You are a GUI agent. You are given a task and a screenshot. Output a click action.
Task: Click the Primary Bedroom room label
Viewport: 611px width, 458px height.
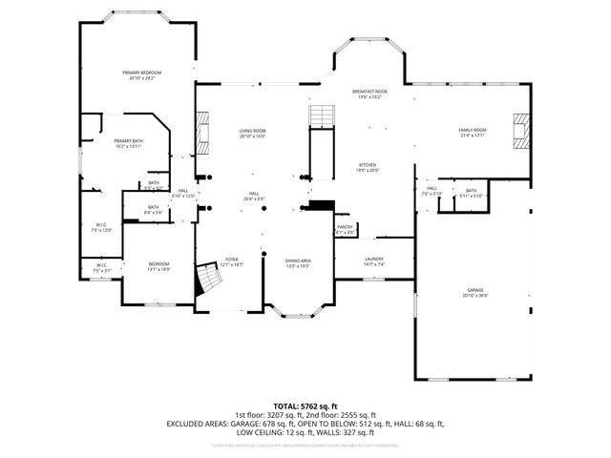(140, 75)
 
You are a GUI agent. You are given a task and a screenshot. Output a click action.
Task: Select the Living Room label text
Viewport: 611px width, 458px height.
(252, 134)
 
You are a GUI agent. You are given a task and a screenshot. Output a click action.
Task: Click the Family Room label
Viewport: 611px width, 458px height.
(472, 133)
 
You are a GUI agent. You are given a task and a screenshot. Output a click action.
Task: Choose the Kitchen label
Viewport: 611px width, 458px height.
(369, 167)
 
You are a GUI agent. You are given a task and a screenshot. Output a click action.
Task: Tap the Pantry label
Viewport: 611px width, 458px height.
(345, 229)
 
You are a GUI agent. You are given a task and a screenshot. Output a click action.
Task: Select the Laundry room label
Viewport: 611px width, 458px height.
(373, 261)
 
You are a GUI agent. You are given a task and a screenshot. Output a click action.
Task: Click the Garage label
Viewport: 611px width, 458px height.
(474, 293)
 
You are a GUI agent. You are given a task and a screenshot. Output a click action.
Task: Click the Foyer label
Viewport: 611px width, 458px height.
(231, 261)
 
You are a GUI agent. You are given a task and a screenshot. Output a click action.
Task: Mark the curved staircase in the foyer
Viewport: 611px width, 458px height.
(208, 280)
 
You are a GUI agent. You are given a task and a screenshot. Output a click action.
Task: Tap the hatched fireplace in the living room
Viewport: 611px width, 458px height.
(201, 133)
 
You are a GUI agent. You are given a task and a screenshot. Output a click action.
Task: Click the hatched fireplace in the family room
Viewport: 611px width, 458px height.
(519, 132)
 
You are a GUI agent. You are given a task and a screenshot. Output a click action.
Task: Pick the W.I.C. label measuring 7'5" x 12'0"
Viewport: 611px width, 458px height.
(101, 228)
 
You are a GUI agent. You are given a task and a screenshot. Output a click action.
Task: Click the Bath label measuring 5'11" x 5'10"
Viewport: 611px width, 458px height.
(471, 193)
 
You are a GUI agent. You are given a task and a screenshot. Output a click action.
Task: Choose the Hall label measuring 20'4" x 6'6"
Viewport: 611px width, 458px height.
(254, 196)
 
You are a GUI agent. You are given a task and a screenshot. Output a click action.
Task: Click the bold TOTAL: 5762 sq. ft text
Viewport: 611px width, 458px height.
(305, 406)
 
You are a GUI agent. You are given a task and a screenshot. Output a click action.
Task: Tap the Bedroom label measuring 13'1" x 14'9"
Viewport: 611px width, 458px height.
(158, 266)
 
